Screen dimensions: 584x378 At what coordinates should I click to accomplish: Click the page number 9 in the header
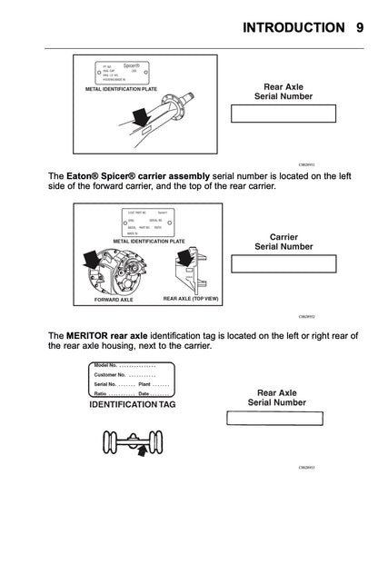click(x=360, y=27)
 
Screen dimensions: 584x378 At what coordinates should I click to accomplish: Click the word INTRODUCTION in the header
click(x=293, y=27)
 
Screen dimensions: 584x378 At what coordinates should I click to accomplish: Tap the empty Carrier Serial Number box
click(x=283, y=264)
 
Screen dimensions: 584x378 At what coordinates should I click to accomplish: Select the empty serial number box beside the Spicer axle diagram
click(x=283, y=114)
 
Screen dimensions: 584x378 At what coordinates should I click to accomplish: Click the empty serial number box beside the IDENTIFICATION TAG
click(x=274, y=419)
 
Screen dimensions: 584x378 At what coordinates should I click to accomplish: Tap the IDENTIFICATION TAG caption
click(x=132, y=404)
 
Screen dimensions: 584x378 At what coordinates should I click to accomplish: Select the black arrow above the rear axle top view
click(x=187, y=259)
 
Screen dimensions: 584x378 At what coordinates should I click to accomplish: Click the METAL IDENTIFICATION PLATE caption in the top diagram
click(x=122, y=90)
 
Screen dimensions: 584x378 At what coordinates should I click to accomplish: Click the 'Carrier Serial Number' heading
click(x=283, y=242)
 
